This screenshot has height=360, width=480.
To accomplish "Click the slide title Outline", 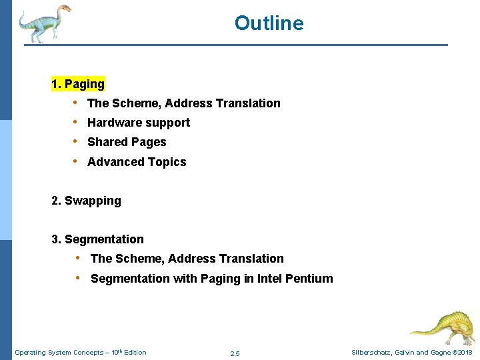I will coord(269,23).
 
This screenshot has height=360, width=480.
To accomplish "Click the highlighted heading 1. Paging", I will coord(78,84).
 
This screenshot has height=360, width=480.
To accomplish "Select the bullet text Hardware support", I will coord(139,123).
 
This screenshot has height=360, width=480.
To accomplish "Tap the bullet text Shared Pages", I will coord(127,142).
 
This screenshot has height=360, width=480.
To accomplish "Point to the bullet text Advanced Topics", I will coord(137,162).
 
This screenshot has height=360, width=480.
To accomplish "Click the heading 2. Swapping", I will coord(86,201).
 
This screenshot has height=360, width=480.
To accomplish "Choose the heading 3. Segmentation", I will coord(97,239).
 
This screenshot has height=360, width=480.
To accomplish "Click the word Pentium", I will coord(309,279).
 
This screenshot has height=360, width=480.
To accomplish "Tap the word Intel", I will coord(269,279).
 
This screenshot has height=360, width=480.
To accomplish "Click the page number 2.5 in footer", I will coord(235,353).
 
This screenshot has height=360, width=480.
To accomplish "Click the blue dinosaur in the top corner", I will coord(44,23).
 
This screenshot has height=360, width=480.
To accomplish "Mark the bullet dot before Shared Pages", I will coord(76,141).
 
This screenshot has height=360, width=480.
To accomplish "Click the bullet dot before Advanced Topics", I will coord(76,161).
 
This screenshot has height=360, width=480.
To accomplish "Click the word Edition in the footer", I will coord(134,353).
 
